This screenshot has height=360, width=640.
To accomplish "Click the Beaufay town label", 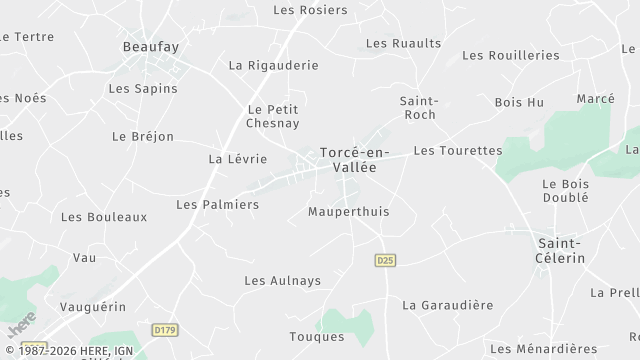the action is (150, 46).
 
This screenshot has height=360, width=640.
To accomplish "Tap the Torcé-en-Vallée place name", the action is (348, 160).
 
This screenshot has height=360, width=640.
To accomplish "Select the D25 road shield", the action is (385, 260).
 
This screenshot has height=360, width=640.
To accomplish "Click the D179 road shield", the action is (165, 329).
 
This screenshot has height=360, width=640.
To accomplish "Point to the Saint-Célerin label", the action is (561, 250).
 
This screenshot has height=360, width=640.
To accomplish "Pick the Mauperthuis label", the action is (348, 212).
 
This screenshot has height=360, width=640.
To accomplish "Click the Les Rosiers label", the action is (310, 10).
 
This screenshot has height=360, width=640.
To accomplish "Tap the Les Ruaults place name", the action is (403, 43).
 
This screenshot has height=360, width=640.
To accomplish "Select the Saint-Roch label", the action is (418, 108).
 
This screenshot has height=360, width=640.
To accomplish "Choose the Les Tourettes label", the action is (457, 151).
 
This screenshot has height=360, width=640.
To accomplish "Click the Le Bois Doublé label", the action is (565, 191).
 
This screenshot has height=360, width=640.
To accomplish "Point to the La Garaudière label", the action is (447, 305).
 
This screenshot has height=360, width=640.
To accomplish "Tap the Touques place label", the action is (316, 337).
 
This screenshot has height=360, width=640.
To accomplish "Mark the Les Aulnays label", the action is (283, 281).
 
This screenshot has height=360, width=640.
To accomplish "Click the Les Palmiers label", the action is (217, 205).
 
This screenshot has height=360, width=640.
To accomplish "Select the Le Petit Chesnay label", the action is (273, 116).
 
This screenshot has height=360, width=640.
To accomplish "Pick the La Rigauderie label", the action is (273, 65).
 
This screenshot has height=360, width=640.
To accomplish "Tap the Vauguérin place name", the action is (93, 306).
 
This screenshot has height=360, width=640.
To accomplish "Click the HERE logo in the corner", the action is (21, 325).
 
